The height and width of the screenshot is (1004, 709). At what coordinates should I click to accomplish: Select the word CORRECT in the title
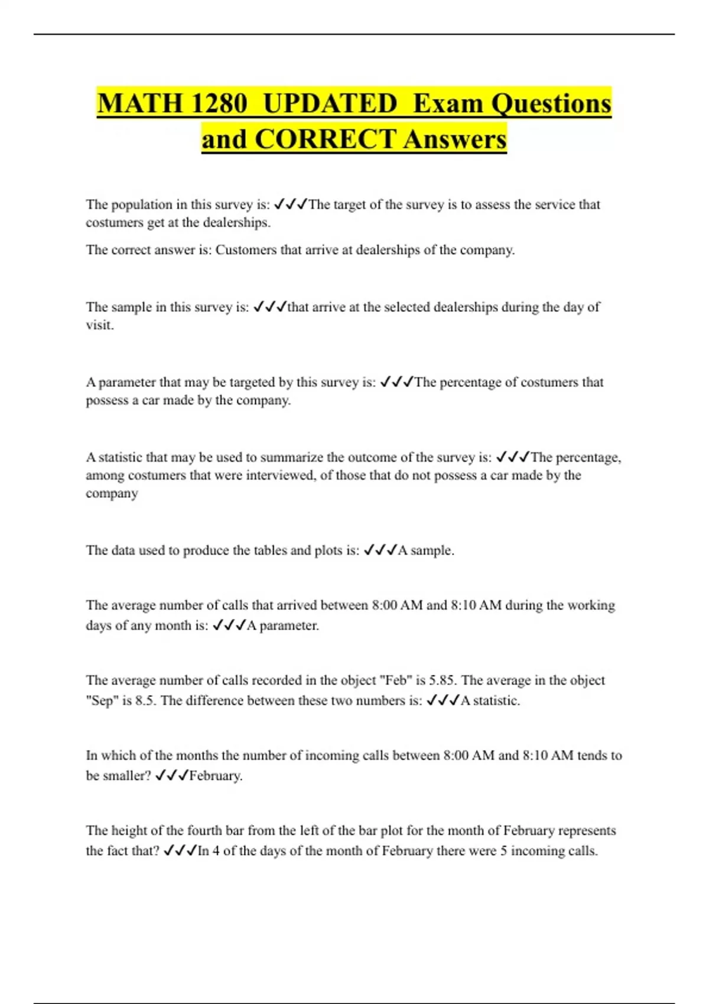[326, 140]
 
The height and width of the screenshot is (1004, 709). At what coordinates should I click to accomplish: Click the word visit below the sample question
[99, 325]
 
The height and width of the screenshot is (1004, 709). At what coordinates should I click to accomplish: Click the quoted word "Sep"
[102, 701]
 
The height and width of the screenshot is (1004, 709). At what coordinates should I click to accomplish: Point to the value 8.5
[146, 701]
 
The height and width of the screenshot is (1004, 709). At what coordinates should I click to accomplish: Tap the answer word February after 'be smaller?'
[215, 776]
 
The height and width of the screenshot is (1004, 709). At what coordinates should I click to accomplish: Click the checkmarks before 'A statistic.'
[443, 701]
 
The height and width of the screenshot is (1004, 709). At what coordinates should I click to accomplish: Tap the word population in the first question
[142, 205]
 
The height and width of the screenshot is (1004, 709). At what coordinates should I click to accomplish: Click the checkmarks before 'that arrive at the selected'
[270, 307]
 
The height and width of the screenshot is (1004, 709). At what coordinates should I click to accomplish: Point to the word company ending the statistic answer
[112, 494]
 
